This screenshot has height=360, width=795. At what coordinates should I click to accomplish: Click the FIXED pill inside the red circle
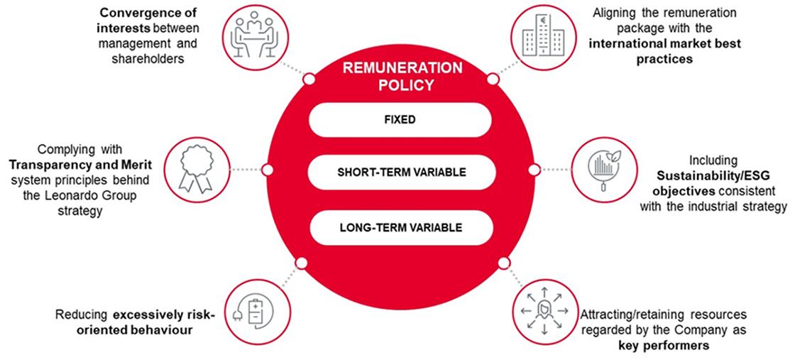tap(400, 120)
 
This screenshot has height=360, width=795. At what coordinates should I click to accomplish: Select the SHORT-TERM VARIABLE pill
tap(400, 173)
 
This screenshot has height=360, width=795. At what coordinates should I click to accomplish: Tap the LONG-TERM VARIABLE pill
tap(400, 227)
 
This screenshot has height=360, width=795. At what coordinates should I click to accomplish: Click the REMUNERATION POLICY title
tap(400, 77)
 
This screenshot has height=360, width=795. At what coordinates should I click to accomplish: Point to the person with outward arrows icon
tap(540, 310)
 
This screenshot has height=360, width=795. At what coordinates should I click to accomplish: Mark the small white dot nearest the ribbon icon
tap(268, 170)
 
